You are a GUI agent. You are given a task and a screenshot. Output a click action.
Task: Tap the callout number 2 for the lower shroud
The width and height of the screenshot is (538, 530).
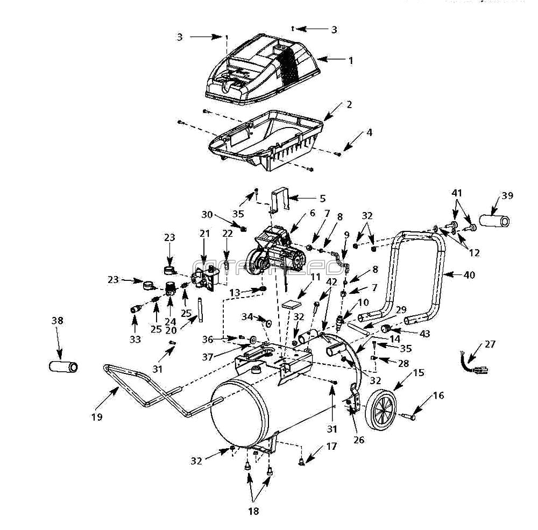(349, 104)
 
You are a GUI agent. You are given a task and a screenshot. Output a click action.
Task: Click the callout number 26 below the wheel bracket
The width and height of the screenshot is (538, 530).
(358, 440)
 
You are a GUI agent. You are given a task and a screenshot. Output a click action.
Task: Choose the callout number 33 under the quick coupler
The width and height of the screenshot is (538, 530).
(134, 340)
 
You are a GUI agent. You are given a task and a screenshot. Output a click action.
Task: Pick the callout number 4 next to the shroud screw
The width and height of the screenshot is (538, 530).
(369, 132)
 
